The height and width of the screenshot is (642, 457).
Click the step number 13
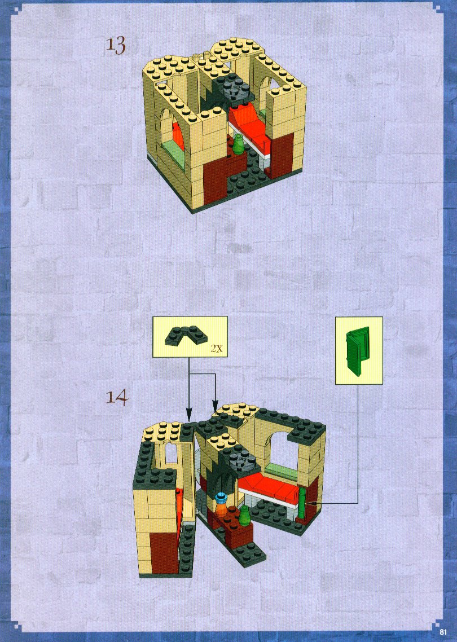click(x=116, y=45)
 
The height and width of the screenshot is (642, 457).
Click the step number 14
click(x=117, y=397)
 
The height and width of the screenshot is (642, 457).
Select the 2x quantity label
click(x=217, y=349)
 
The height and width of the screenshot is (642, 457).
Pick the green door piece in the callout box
click(x=358, y=351)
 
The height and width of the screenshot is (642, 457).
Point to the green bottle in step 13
click(x=238, y=146)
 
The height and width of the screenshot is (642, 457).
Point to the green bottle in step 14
click(x=245, y=515)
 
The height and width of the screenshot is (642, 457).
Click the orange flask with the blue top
click(x=221, y=505)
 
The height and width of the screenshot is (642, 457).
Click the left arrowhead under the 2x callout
click(x=189, y=414)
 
